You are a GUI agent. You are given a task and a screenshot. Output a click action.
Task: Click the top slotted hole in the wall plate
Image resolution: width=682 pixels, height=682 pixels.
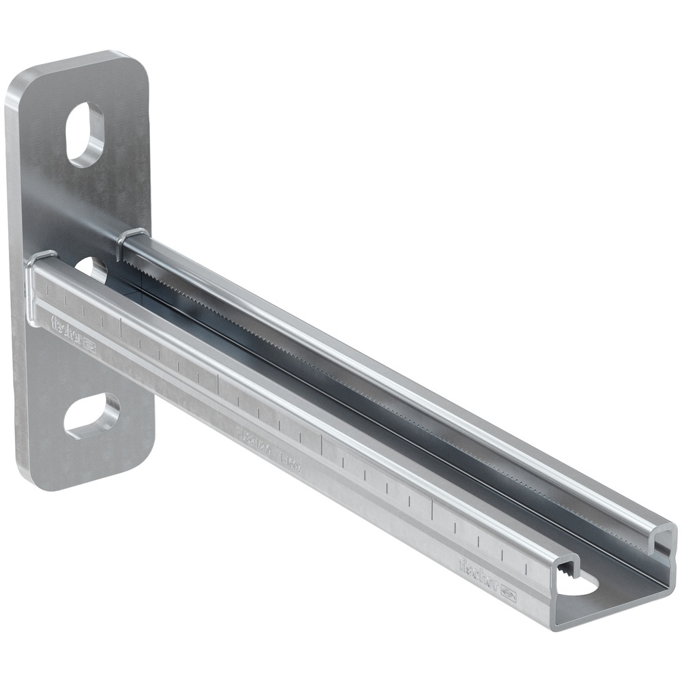tap(85, 134)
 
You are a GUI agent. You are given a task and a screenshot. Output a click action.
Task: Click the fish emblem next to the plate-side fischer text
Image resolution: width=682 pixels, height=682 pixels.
tap(89, 347)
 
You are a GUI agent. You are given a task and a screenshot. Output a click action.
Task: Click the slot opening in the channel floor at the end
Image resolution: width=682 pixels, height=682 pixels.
tap(580, 584)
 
